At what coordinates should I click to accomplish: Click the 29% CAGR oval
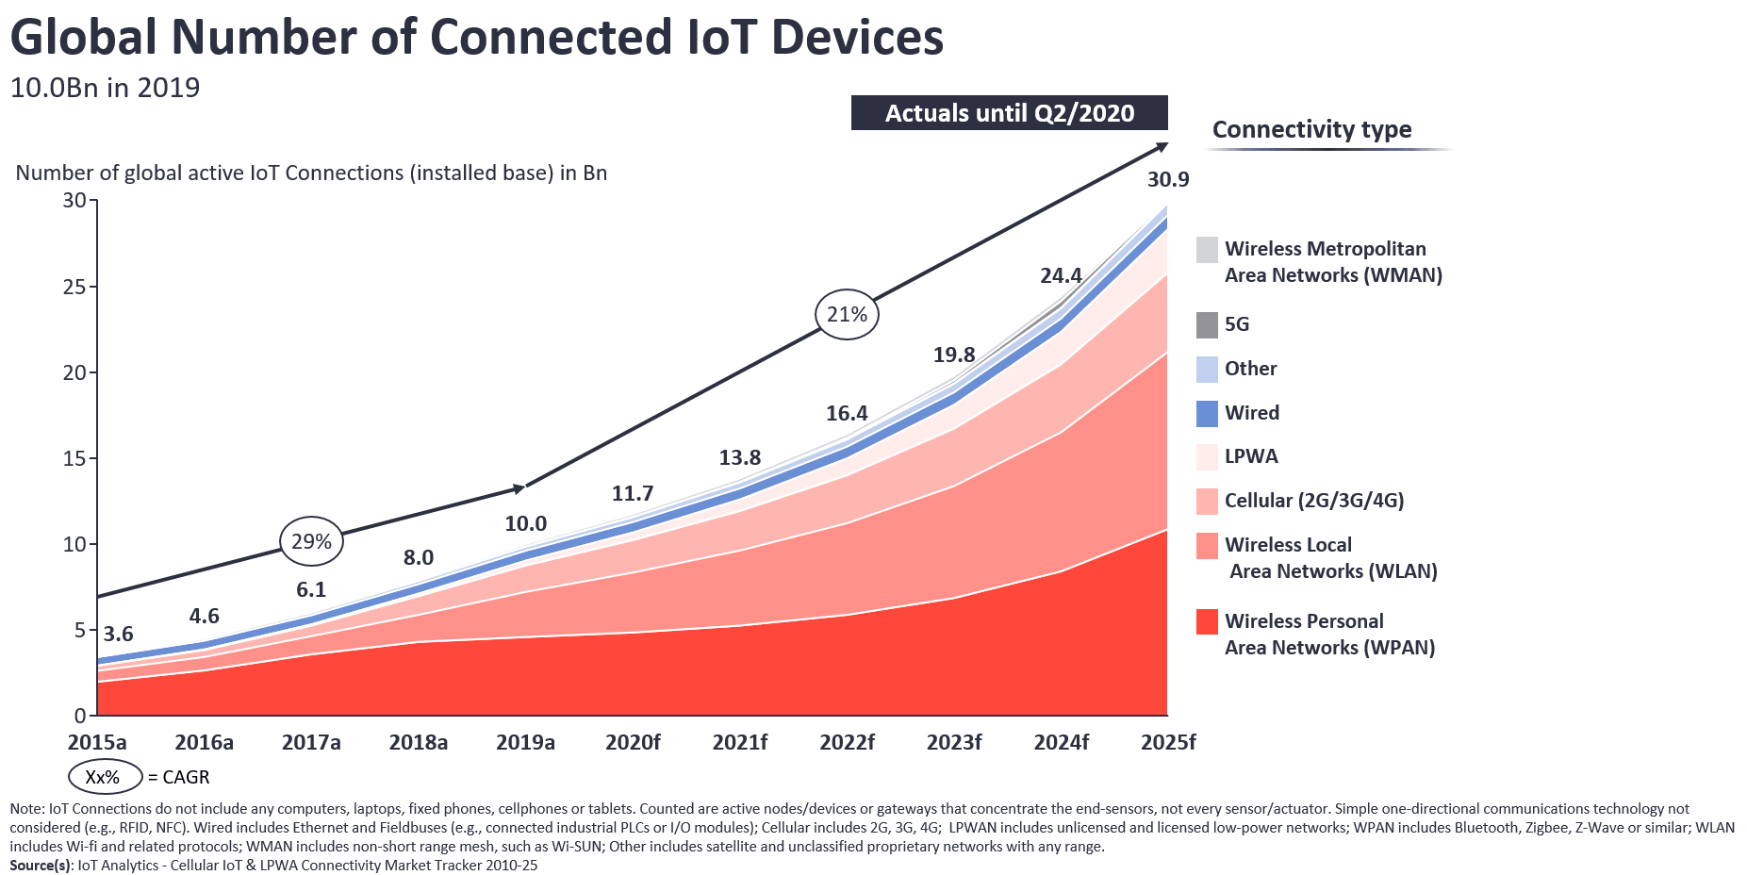[311, 541]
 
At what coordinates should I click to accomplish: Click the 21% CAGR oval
[847, 314]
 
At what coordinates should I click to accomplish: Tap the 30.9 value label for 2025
[1168, 179]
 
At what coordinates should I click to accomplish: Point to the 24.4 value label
[1061, 275]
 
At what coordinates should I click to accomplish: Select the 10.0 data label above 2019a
[525, 523]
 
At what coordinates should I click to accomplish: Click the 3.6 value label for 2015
[118, 634]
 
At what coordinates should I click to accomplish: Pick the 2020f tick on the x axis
[633, 742]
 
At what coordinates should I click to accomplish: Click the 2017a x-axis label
[311, 742]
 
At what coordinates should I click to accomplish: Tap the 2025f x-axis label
[1168, 742]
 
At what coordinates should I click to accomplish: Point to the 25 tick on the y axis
[74, 287]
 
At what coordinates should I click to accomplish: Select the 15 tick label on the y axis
[74, 458]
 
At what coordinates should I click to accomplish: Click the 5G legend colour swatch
[1207, 325]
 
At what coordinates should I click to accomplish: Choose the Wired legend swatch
[1207, 414]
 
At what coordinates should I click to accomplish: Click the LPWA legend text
[1251, 456]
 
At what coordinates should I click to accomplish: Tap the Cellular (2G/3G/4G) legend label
[1314, 501]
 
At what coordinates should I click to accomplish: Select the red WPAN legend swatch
[1207, 622]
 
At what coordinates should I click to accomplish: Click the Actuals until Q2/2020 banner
[1009, 113]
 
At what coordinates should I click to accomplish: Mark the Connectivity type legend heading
[1311, 129]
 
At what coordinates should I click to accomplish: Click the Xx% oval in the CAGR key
[104, 777]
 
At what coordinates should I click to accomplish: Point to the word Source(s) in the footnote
[41, 866]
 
